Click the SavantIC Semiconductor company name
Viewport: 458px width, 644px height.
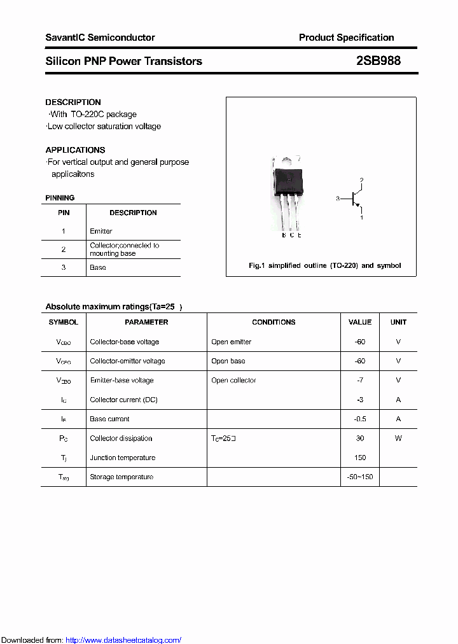point(100,38)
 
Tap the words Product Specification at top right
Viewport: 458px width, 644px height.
point(346,38)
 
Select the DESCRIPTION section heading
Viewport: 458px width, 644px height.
point(73,102)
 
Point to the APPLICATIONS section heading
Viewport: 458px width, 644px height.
point(75,150)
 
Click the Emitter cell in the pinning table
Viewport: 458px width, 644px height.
point(101,231)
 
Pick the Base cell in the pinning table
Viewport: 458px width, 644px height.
point(98,267)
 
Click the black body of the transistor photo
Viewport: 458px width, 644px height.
point(289,180)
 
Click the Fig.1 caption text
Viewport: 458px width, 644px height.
point(324,265)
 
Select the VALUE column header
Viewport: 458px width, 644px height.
point(360,322)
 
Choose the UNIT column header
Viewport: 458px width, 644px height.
point(398,322)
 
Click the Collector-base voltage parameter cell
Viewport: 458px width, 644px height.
point(125,342)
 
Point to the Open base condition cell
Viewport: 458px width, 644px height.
point(228,361)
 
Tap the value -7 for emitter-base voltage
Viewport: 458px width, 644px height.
point(360,381)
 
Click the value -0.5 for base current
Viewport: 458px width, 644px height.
point(360,419)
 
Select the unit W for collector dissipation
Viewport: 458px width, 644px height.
point(398,438)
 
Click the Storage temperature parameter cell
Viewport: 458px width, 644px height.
point(121,477)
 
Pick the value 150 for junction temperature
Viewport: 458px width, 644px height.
point(360,458)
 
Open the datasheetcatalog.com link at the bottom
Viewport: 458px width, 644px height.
point(123,640)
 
